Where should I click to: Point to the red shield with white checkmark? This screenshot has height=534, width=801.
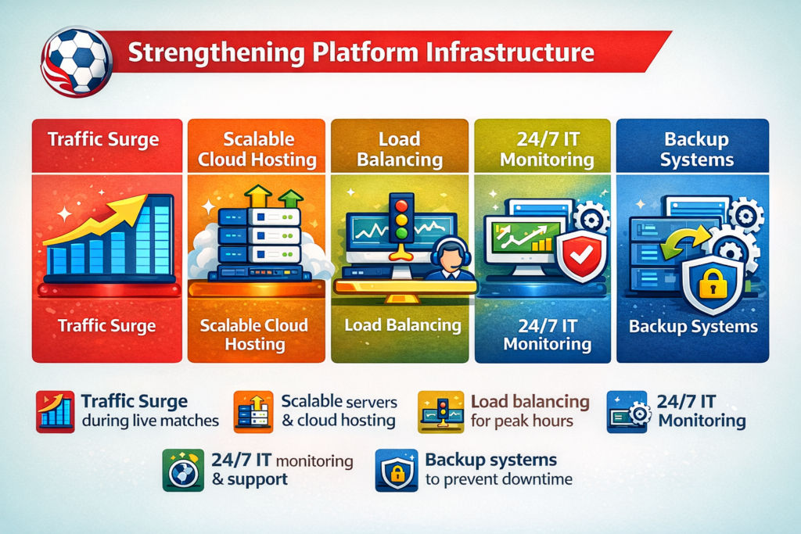[580, 256]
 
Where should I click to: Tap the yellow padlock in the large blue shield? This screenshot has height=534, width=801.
[713, 286]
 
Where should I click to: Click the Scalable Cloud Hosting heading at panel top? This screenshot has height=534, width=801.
[257, 149]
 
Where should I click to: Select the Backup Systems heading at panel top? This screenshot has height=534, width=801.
[696, 149]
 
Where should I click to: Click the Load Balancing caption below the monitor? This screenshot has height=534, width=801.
[402, 325]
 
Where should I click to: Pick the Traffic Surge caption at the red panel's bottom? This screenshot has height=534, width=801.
[107, 325]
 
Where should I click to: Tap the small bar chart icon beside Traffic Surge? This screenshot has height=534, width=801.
[55, 411]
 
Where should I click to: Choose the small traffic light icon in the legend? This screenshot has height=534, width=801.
[438, 411]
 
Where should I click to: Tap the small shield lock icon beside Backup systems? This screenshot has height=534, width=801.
[396, 469]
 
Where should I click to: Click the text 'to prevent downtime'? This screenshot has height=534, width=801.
[498, 478]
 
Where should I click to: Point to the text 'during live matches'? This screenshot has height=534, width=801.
[149, 421]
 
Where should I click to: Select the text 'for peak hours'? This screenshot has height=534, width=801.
[522, 421]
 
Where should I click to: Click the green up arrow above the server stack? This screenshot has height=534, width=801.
[290, 199]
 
